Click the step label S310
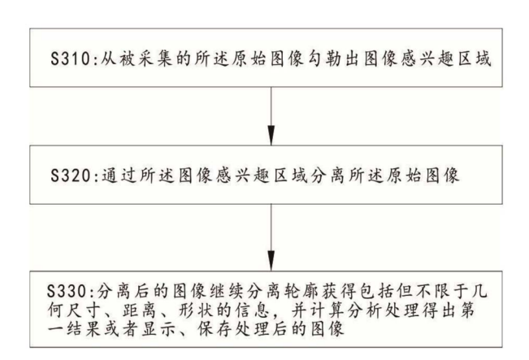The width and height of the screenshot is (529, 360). pos(70,59)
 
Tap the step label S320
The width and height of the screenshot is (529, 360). pos(70,176)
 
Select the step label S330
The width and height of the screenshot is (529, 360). pos(67,292)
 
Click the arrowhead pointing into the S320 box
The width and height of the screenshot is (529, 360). pos(271,135)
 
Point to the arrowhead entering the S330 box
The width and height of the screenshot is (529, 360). pos(271,260)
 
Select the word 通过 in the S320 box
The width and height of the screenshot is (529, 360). pos(119,176)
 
